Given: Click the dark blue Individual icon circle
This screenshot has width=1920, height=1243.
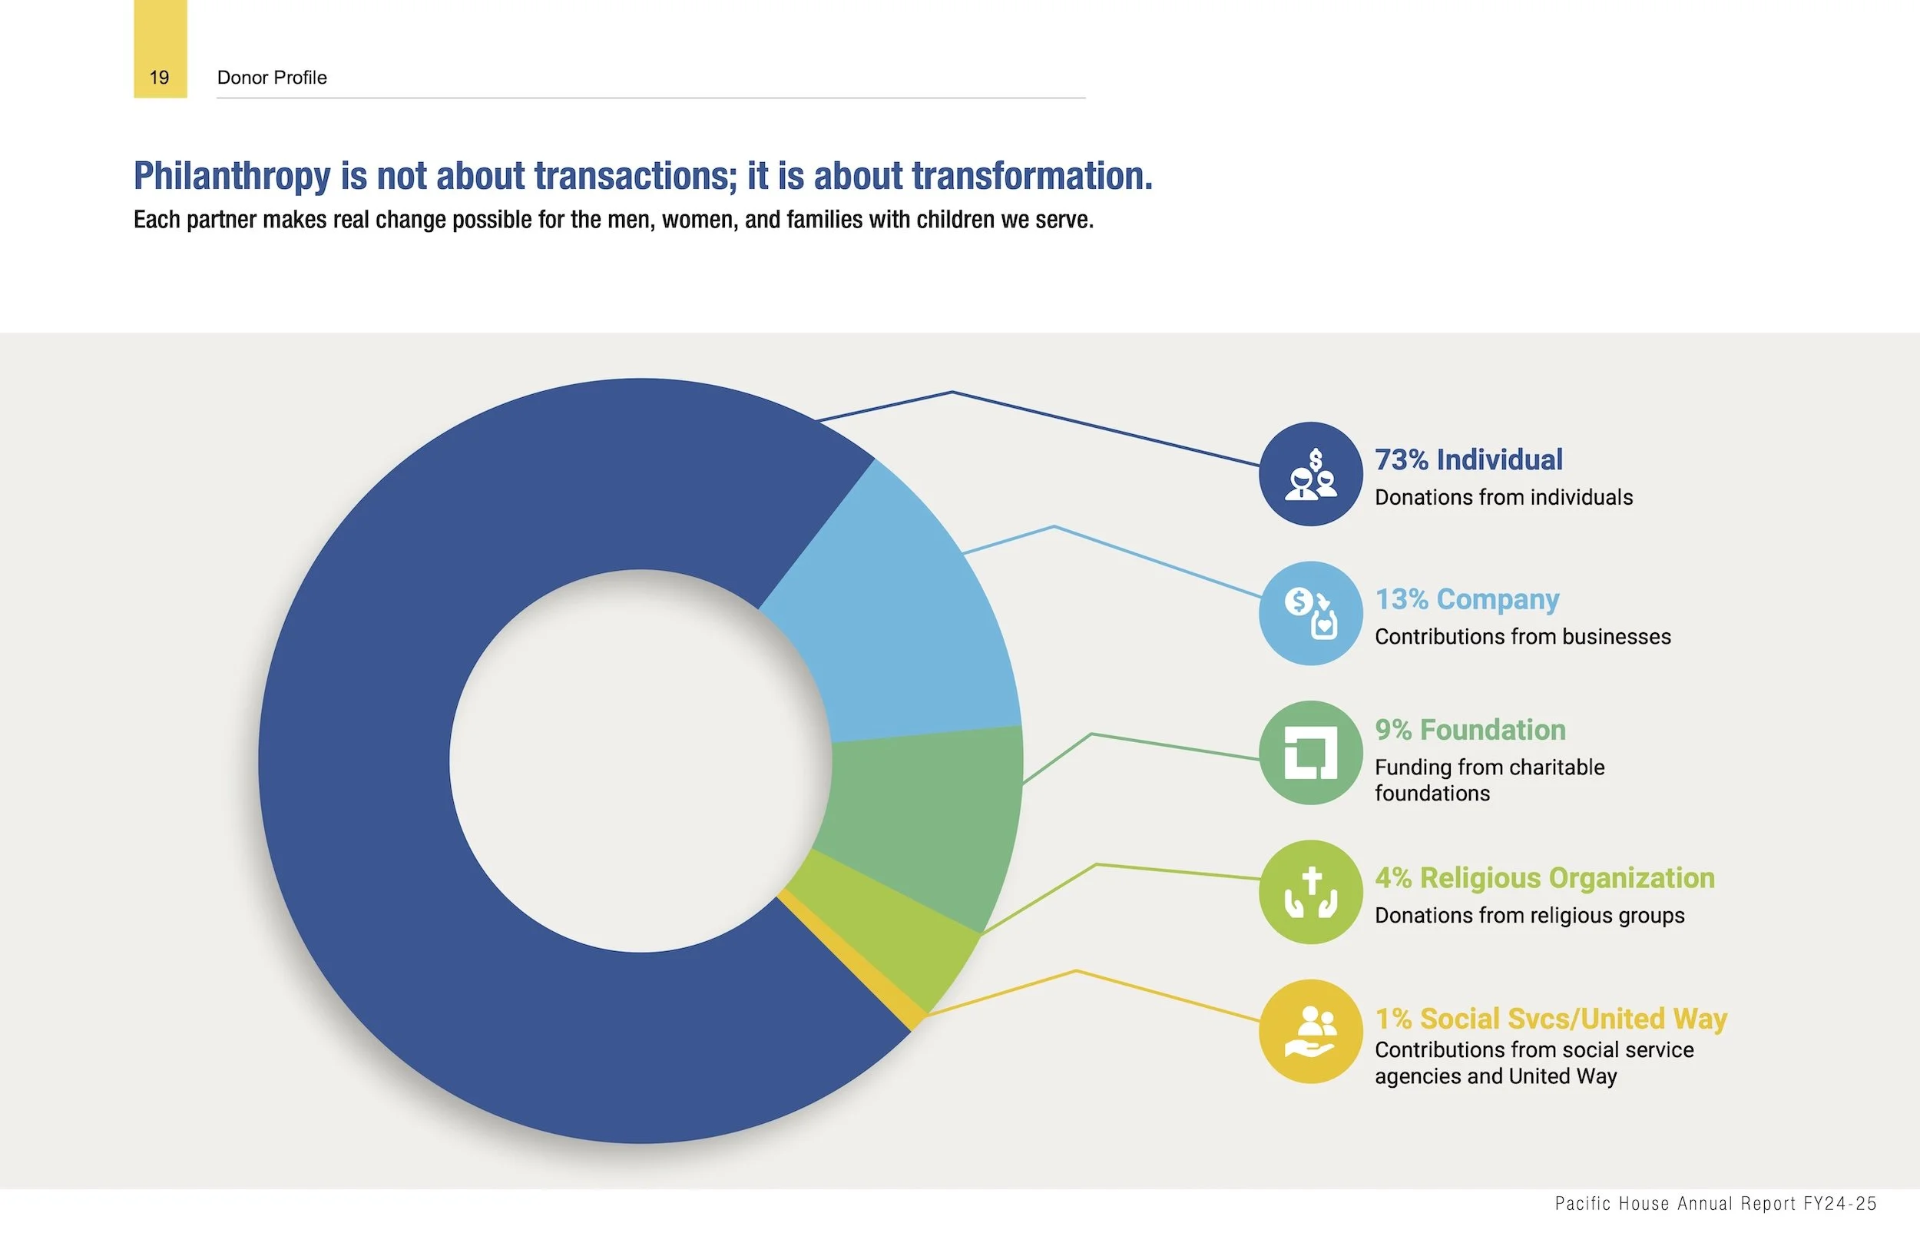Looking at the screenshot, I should (x=1310, y=474).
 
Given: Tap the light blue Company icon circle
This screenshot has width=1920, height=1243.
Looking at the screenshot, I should (x=1310, y=613).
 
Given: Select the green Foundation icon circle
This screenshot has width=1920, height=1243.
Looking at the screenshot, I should (x=1310, y=752).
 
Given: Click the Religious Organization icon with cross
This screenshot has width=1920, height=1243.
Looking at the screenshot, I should (x=1310, y=892).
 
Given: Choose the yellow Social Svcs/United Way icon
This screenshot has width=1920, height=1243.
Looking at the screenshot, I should (x=1310, y=1031).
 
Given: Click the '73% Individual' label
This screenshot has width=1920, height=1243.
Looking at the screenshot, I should (x=1468, y=460).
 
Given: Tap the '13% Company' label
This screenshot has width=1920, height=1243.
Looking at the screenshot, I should (x=1467, y=600).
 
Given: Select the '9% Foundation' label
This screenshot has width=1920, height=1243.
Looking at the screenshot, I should (x=1470, y=730).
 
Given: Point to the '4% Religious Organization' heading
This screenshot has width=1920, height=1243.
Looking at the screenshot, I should (x=1544, y=878).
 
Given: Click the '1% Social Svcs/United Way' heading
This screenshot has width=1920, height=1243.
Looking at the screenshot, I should (x=1551, y=1019).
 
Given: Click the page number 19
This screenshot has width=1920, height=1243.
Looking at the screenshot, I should (x=159, y=78).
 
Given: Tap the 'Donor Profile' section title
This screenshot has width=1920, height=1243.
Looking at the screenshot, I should (x=272, y=78).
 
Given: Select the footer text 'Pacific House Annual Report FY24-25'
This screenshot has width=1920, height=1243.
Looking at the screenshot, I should (x=1715, y=1204).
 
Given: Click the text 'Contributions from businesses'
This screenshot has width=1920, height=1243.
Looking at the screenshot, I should (x=1522, y=637).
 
